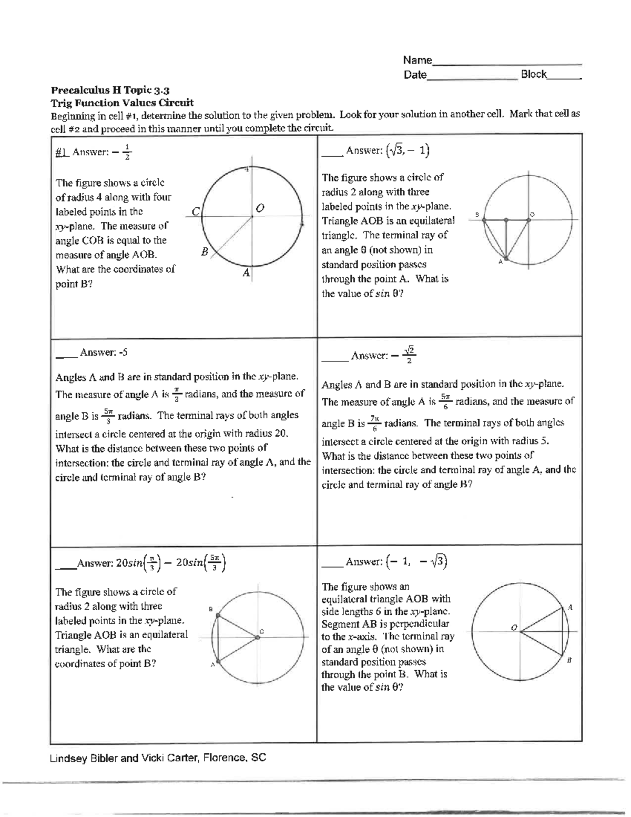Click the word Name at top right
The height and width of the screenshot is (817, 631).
point(417,60)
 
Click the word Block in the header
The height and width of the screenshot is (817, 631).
point(533,74)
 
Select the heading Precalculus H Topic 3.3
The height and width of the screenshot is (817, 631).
point(109,90)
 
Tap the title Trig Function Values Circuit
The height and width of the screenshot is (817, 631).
point(122,103)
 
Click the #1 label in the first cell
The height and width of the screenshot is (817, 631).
point(62,152)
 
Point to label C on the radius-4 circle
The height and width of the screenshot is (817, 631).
point(195,211)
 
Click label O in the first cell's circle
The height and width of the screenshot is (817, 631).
point(260,208)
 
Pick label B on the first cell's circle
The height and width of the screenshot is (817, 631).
point(205,252)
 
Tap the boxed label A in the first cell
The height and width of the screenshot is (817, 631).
point(246,273)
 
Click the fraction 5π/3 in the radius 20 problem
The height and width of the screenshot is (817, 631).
point(108,415)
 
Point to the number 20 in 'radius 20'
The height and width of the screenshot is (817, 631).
point(281,433)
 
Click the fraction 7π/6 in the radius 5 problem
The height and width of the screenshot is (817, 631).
point(374,422)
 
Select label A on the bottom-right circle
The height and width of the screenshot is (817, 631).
point(570,607)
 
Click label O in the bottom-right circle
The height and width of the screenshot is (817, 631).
point(514,627)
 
